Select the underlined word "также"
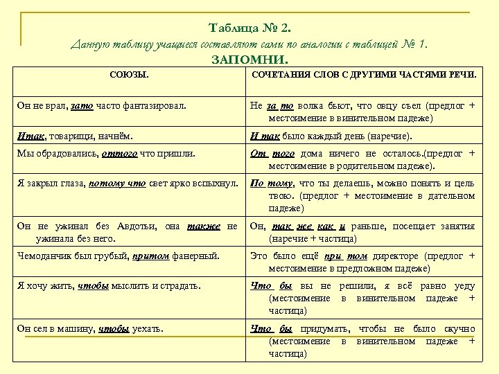(207, 225)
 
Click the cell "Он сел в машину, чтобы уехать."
(90, 328)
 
